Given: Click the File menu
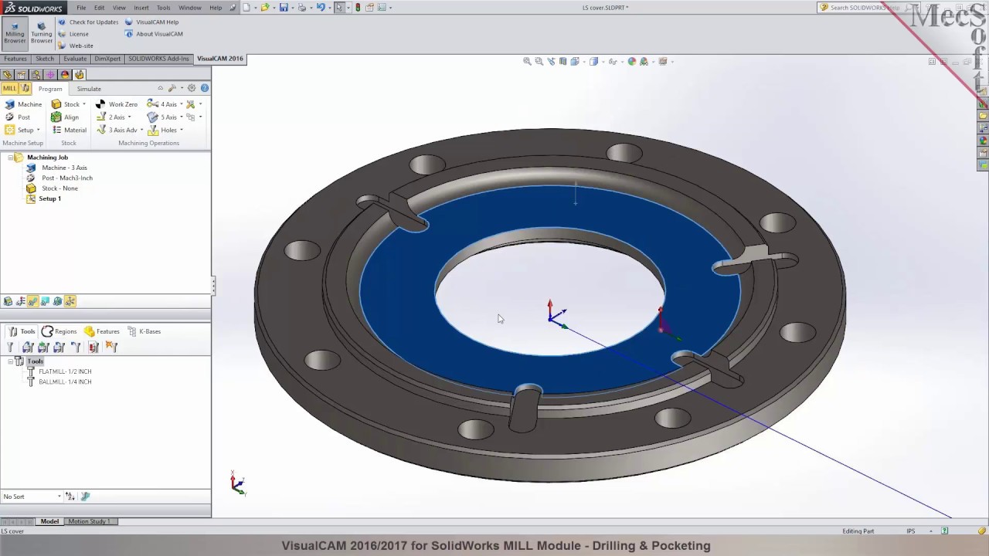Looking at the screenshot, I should point(81,8).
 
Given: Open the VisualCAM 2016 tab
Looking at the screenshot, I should point(219,59).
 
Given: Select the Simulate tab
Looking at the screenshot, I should point(89,89).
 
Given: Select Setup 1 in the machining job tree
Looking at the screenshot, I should point(49,198).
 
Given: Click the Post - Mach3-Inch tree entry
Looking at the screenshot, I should point(66,178).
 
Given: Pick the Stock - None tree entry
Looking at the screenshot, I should point(59,188).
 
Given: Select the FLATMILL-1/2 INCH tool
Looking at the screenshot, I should point(65,371).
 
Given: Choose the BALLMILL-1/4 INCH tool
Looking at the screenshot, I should point(65,381).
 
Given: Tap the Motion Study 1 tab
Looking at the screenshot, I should point(88,521).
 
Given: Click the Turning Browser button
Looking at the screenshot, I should point(42,32).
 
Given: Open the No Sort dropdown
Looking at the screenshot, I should point(32,497).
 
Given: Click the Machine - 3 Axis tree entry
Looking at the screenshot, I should point(64,168).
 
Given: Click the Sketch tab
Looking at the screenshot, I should point(45,59).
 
